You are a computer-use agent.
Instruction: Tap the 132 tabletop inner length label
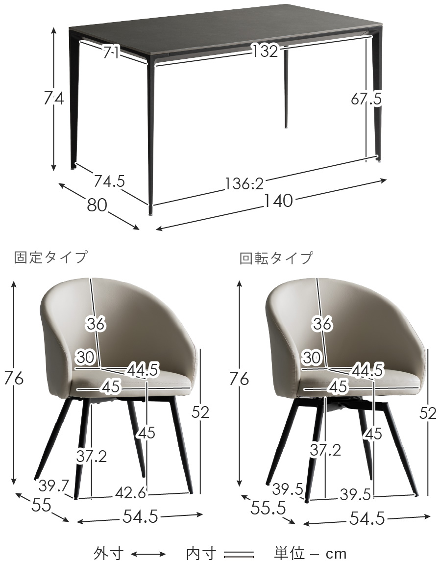coord(265,51)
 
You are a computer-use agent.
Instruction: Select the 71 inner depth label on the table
coord(112,52)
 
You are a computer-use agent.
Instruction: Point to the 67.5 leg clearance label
coord(366,99)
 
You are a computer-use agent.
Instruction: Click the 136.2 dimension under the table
coord(244,184)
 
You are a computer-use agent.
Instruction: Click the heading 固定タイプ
coord(51,257)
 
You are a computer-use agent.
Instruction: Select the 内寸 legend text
coord(201,554)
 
